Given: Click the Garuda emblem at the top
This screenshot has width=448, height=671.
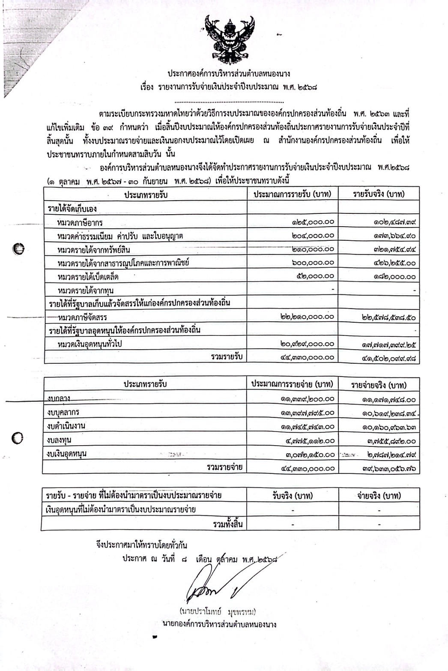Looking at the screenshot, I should coord(230,39).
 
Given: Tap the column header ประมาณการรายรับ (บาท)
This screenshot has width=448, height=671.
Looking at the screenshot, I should coord(293,194).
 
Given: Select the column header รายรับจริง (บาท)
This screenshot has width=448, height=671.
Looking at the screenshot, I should coord(379,194).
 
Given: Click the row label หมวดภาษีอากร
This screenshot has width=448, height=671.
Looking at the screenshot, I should coord(80,222).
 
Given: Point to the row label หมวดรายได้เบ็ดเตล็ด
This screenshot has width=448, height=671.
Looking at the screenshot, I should coord(88,277).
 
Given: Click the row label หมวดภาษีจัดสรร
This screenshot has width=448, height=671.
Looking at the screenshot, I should coord(82,318).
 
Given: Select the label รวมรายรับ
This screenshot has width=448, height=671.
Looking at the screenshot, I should coord(227,356).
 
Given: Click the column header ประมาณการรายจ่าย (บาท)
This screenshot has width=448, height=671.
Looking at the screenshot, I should coord(292,384).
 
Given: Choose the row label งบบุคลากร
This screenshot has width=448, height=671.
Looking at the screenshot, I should coord(63,413).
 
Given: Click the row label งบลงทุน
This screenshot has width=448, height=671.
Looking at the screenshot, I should coord(60,440).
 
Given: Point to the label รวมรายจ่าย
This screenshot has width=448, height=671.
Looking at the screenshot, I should coord(224,467).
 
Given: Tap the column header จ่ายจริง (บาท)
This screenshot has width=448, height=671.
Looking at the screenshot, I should coord(379,496).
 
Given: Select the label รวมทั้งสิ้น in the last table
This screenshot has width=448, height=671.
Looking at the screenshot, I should coord(227,523).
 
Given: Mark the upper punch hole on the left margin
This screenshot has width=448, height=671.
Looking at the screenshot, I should coord(18,248).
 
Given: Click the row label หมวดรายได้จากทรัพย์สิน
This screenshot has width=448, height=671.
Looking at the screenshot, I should coord(94,249).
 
